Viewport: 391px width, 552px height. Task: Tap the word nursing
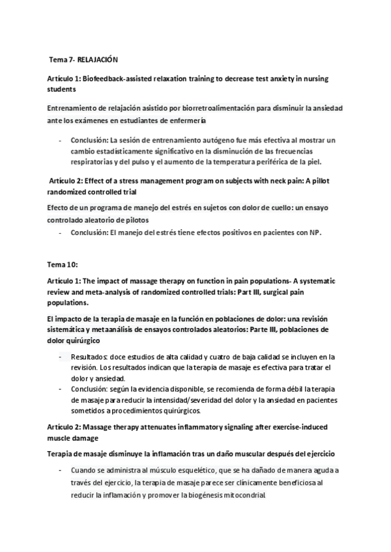tap(313, 78)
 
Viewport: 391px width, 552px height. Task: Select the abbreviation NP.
tap(315, 233)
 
